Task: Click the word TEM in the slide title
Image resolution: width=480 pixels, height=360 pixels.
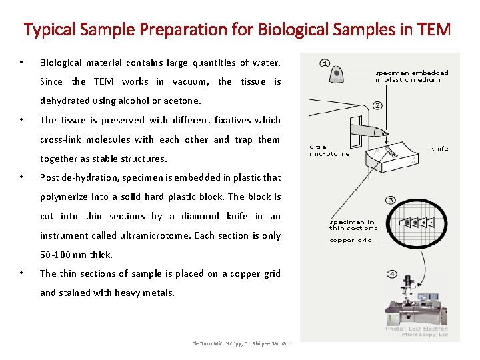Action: coord(435,30)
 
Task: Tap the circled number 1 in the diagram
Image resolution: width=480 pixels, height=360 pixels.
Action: coord(325,63)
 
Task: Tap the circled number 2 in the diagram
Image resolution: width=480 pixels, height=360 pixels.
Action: coord(377,105)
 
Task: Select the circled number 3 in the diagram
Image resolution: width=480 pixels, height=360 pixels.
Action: coord(391,199)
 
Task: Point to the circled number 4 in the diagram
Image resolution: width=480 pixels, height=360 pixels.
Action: coord(391,274)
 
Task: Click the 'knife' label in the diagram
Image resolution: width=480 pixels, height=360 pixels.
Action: coord(439,149)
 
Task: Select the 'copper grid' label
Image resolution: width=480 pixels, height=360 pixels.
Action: coord(351,240)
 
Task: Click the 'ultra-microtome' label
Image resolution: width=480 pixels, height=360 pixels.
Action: coord(329,150)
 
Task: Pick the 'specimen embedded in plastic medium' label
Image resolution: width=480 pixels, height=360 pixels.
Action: coord(411,76)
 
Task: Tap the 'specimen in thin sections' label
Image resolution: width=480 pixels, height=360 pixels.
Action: coord(353,225)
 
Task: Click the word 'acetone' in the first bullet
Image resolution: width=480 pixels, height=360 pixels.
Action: coord(180,101)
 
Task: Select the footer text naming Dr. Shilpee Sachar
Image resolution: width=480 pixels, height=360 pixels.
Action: coord(240,343)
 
